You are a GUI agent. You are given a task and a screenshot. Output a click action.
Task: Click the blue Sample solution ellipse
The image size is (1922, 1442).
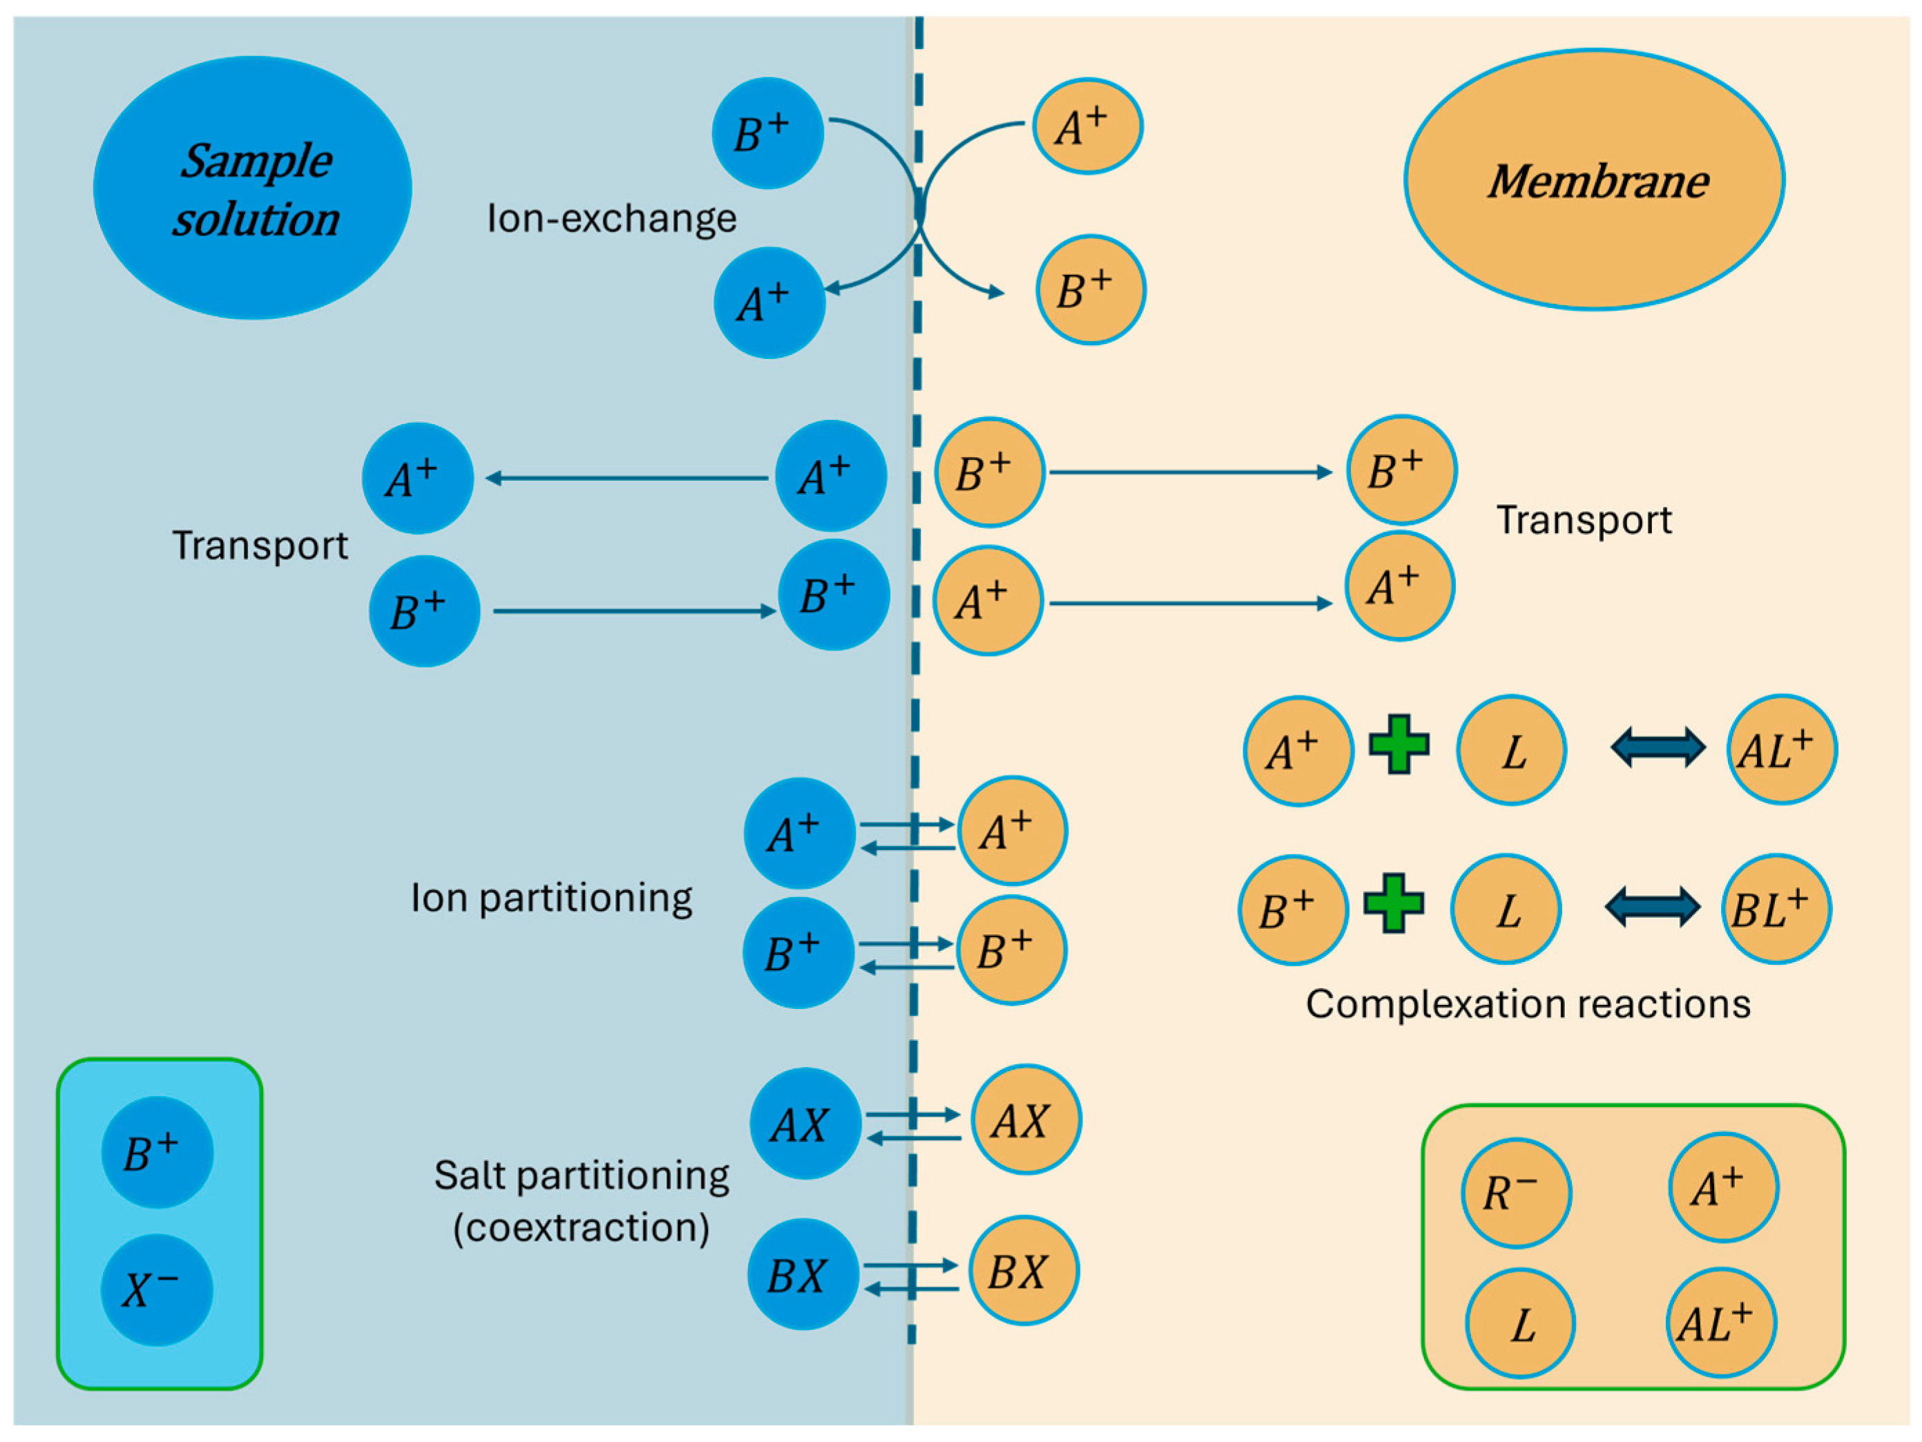[x=252, y=188]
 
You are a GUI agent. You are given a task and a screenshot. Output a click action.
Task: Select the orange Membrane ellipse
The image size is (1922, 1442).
[x=1595, y=179]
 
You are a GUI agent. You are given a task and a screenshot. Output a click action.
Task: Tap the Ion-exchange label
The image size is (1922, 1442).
[x=612, y=218]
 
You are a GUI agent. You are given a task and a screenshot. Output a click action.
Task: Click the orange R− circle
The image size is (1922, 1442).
[x=1516, y=1193]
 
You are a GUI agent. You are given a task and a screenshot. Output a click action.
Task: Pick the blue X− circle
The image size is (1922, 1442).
[x=157, y=1290]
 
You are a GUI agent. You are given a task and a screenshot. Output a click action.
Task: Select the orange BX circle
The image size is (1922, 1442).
[x=1024, y=1270]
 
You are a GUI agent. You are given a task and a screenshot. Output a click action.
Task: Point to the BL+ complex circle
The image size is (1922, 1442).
[x=1777, y=909]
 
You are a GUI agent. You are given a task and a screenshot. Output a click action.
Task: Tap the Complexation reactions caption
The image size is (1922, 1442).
[x=1528, y=1004]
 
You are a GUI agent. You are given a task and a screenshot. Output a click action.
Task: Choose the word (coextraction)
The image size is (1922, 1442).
[x=582, y=1227]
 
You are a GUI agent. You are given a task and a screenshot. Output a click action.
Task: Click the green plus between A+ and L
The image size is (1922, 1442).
[x=1399, y=744]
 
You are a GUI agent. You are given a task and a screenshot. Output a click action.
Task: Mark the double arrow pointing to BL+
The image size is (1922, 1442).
[x=1653, y=907]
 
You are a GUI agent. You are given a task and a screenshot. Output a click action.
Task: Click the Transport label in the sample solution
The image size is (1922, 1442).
[x=260, y=545]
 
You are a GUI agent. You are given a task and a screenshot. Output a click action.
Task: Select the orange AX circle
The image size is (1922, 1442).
[x=1026, y=1119]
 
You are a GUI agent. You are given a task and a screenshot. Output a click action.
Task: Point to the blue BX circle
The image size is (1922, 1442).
[x=803, y=1273]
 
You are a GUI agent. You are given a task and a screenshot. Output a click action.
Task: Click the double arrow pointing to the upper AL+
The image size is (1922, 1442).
[x=1659, y=747]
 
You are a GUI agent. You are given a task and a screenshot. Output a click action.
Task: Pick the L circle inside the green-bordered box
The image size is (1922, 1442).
[x=1521, y=1323]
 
